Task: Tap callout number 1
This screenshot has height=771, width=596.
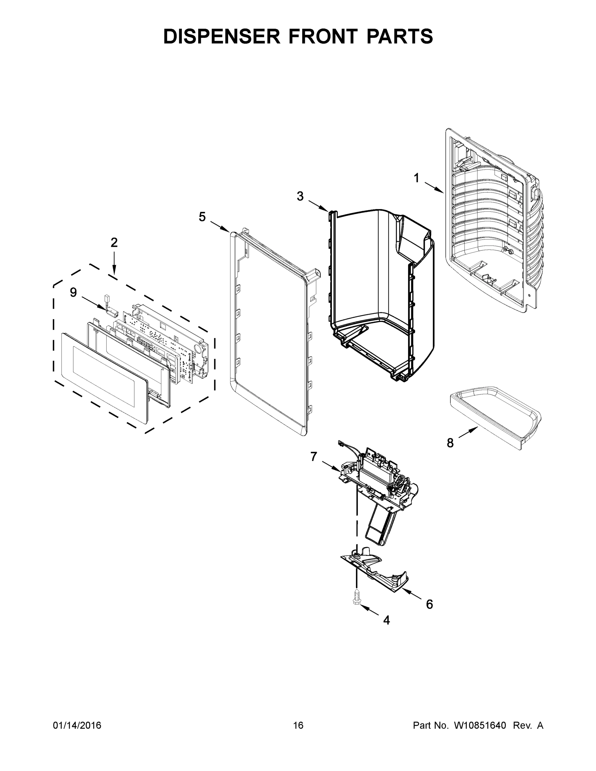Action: [417, 178]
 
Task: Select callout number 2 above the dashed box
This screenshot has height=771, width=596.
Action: [114, 243]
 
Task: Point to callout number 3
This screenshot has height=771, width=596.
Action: [300, 196]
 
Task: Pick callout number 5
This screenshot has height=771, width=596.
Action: [202, 217]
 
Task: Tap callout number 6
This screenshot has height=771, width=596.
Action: [429, 604]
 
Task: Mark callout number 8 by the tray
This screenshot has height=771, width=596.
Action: [450, 443]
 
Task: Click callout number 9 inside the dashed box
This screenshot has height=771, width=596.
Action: [73, 292]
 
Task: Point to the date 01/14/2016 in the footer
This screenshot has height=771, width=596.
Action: [77, 725]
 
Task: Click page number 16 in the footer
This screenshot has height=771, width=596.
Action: [298, 725]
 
